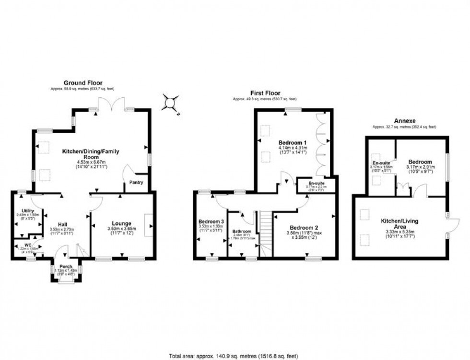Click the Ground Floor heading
[83, 83]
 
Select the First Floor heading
[265, 93]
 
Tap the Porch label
[66, 267]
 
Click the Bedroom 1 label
[292, 143]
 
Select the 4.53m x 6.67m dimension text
[90, 162]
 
